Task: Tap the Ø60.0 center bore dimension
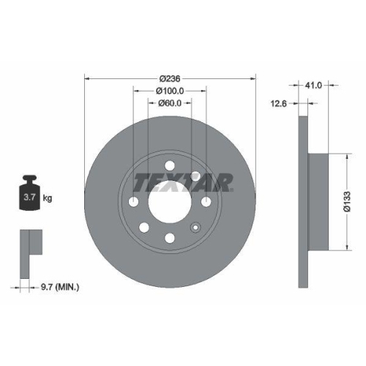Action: [x=170, y=104]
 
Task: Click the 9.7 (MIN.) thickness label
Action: [x=61, y=288]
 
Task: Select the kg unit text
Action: [x=47, y=198]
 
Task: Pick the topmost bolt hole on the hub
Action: [x=170, y=165]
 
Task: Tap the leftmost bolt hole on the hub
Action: [x=134, y=201]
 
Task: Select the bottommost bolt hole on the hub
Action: [x=170, y=237]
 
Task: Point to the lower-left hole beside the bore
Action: [x=143, y=227]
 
